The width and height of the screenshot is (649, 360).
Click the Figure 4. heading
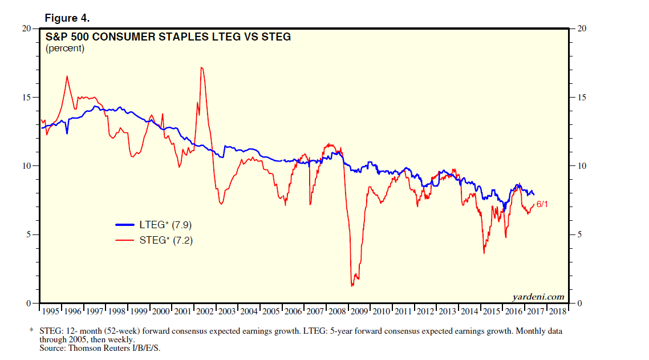[x=67, y=18]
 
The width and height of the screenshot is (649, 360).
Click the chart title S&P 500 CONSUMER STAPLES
[x=168, y=37]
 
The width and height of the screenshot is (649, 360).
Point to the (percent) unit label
[x=64, y=48]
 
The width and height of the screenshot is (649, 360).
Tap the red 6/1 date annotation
[x=543, y=204]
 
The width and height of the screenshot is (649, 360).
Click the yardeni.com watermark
[x=538, y=296]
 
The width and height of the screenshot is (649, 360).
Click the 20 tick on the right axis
[x=582, y=29]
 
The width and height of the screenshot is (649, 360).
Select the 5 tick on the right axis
[x=579, y=234]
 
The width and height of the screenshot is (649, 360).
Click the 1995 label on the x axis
[x=51, y=312]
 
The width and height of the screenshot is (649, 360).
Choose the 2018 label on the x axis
[x=558, y=312]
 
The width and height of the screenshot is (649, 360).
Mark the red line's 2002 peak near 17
[x=202, y=67]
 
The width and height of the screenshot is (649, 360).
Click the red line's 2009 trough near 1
[x=352, y=285]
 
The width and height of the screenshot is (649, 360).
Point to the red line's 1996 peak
[x=67, y=76]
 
